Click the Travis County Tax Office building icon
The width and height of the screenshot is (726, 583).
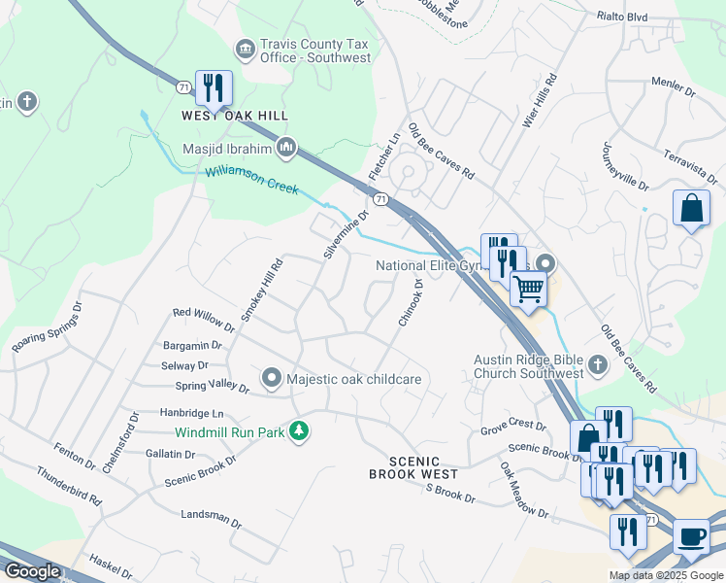245,48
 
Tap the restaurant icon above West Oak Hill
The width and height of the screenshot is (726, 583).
213,87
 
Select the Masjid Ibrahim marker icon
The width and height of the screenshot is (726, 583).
286,149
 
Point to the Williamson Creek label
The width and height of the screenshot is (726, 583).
251,181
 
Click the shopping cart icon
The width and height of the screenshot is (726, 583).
528,288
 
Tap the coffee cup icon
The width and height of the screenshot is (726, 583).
690,535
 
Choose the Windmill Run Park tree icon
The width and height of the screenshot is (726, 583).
300,430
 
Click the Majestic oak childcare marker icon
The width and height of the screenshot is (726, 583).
272,377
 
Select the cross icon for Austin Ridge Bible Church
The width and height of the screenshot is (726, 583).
597,366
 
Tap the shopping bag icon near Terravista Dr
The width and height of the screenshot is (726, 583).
691,208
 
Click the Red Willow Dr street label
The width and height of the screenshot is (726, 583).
204,316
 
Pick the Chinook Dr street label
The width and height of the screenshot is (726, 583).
411,302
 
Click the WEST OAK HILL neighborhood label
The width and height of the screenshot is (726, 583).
235,115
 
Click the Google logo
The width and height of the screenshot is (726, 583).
32,571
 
